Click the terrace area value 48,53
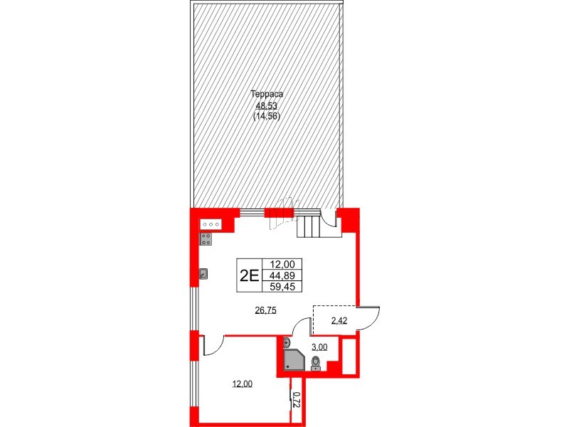click(267, 105)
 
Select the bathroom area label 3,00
click(320, 347)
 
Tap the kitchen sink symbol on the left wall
click(203, 273)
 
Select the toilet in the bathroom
click(316, 365)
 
